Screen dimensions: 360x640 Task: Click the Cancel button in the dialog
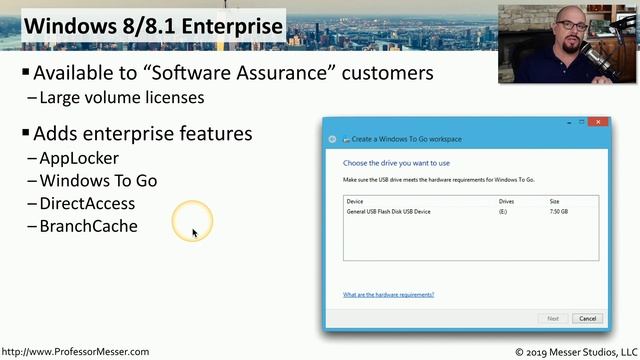pyautogui.click(x=587, y=319)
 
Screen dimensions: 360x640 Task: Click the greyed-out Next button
pyautogui.click(x=553, y=319)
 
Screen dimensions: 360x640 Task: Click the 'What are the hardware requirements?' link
pyautogui.click(x=388, y=295)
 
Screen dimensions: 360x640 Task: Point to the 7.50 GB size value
pyautogui.click(x=560, y=212)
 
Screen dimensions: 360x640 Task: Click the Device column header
pyautogui.click(x=354, y=201)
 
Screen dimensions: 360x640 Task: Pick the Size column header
pyautogui.click(x=555, y=201)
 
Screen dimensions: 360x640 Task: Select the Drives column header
pyautogui.click(x=506, y=201)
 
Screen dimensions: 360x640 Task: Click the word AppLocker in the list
pyautogui.click(x=79, y=158)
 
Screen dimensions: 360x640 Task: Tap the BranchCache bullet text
pyautogui.click(x=88, y=226)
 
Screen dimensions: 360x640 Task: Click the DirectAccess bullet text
pyautogui.click(x=87, y=204)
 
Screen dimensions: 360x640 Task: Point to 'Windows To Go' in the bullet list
pyautogui.click(x=98, y=181)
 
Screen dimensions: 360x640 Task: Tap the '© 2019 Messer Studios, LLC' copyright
pyautogui.click(x=575, y=352)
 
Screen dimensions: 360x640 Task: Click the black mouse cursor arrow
pyautogui.click(x=195, y=233)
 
